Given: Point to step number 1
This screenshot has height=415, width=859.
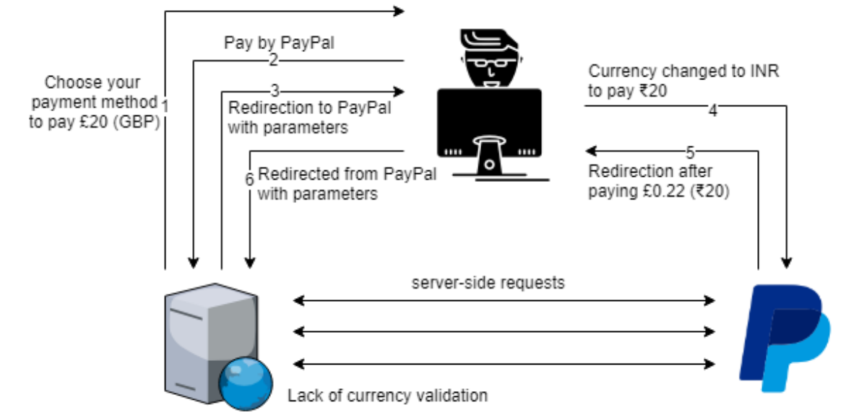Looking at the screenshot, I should click(165, 105).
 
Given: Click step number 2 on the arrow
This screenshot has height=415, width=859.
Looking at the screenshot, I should click(273, 61).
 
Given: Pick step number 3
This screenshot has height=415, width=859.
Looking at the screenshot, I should click(275, 92).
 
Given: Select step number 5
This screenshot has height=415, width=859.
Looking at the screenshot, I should click(690, 152).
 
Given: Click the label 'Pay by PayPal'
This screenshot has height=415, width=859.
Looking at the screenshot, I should click(279, 43).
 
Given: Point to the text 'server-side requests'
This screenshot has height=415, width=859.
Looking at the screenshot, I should click(488, 282).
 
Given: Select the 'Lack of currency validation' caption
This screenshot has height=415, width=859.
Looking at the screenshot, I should click(387, 396).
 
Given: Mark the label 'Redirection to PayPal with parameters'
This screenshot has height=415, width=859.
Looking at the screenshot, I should click(309, 118).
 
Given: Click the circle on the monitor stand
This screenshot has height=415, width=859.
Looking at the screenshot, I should click(489, 165).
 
